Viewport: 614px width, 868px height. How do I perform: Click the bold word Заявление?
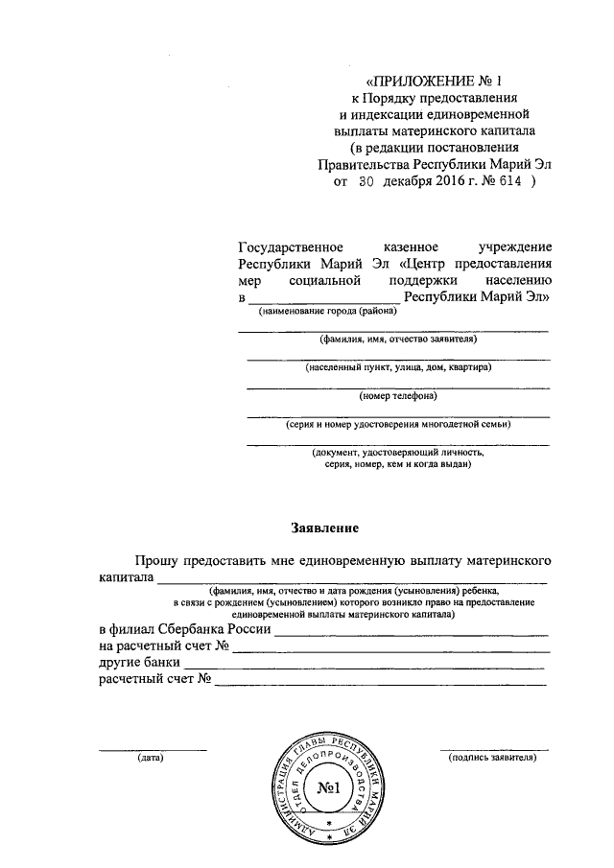(x=325, y=528)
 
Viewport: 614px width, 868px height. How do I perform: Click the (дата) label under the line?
(x=150, y=758)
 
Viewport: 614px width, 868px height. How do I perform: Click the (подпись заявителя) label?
(x=493, y=758)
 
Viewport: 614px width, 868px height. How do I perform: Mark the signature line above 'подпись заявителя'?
(x=494, y=748)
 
